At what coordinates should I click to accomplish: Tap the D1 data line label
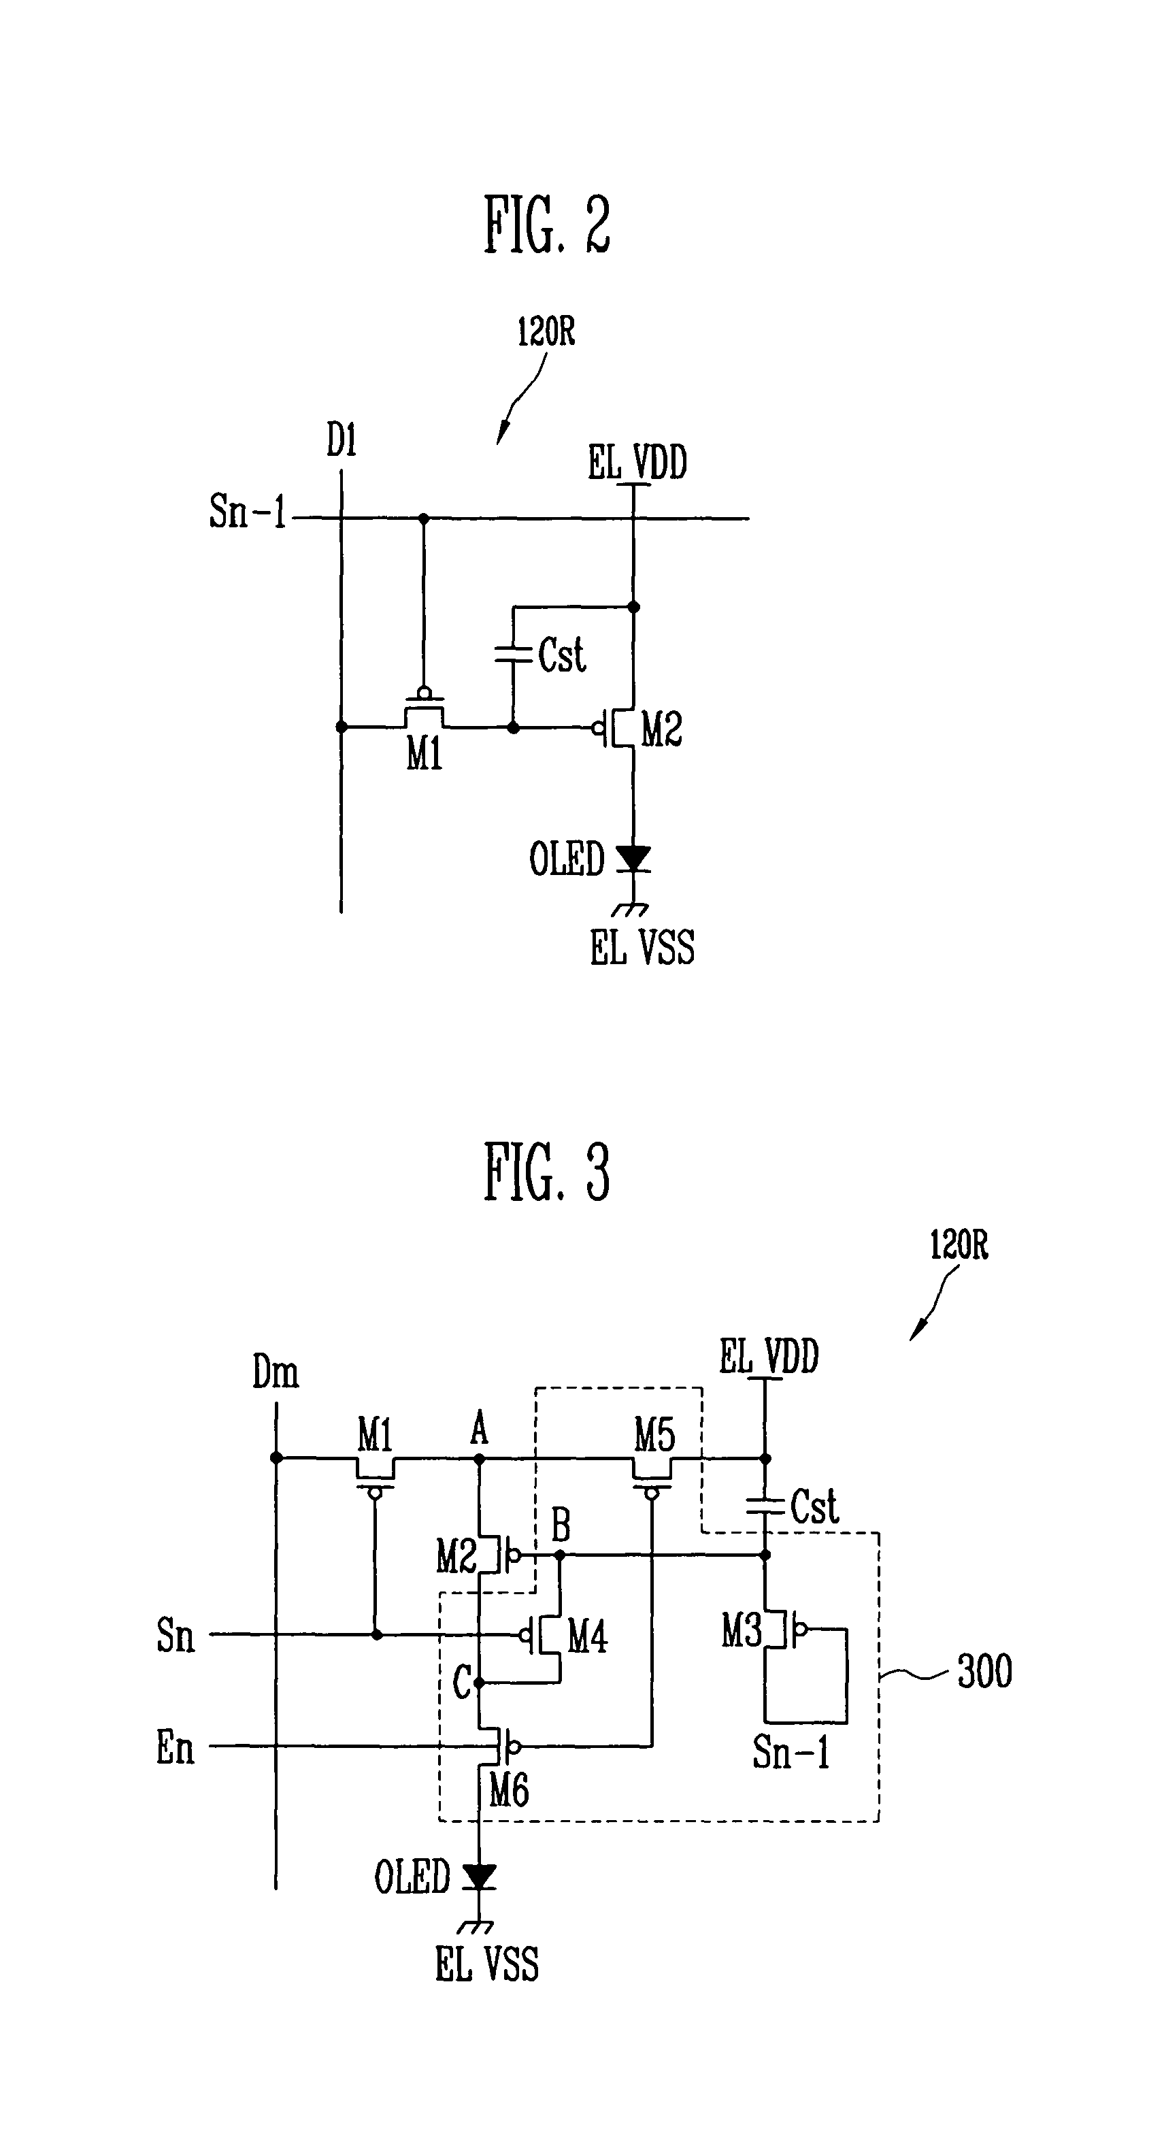pyautogui.click(x=342, y=440)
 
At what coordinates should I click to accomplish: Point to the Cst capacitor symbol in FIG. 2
pyautogui.click(x=512, y=655)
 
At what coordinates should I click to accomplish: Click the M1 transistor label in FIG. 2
pyautogui.click(x=424, y=753)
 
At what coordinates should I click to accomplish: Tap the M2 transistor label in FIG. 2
pyautogui.click(x=662, y=731)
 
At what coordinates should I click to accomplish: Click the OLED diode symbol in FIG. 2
pyautogui.click(x=633, y=859)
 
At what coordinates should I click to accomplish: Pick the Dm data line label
pyautogui.click(x=275, y=1373)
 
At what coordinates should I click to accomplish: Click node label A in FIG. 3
pyautogui.click(x=479, y=1428)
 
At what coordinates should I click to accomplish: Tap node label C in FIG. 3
pyautogui.click(x=462, y=1683)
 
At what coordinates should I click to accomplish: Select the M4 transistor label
pyautogui.click(x=587, y=1636)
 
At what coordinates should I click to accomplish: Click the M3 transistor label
pyautogui.click(x=742, y=1632)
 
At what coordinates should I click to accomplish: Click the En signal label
pyautogui.click(x=175, y=1747)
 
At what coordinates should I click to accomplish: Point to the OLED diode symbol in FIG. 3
pyautogui.click(x=479, y=1876)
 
